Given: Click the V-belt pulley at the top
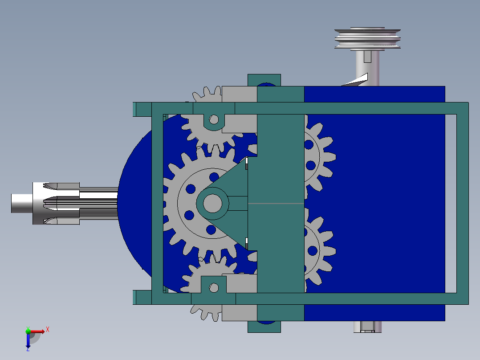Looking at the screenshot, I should pyautogui.click(x=368, y=38).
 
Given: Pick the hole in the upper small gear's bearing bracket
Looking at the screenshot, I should pyautogui.click(x=214, y=119).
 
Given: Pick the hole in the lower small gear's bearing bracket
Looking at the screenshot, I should pyautogui.click(x=214, y=288).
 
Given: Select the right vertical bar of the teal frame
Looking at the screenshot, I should pyautogui.click(x=462, y=203).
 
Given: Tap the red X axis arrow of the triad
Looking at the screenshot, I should pyautogui.click(x=40, y=331).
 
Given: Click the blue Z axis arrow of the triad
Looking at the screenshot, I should pyautogui.click(x=28, y=342).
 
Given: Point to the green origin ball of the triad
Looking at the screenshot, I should pyautogui.click(x=28, y=331).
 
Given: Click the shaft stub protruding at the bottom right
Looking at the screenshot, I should pyautogui.click(x=368, y=327).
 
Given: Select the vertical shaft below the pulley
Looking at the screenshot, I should pyautogui.click(x=368, y=67).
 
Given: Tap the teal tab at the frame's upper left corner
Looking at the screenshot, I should pyautogui.click(x=142, y=109).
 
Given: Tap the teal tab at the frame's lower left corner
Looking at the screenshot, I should pyautogui.click(x=142, y=297).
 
